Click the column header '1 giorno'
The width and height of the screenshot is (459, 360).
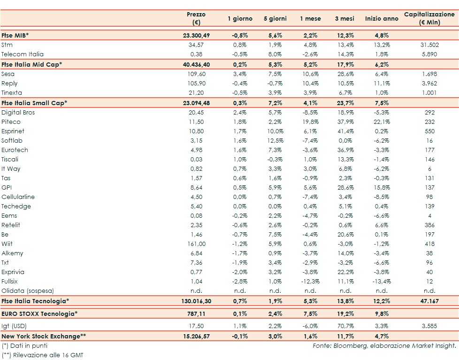[x=240, y=19]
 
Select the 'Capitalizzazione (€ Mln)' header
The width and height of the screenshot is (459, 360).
[x=429, y=18]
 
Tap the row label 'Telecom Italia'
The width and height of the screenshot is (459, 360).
[x=23, y=54]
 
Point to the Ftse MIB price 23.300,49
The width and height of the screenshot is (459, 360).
[x=196, y=35]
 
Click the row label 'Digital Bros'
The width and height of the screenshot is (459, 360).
[x=18, y=113]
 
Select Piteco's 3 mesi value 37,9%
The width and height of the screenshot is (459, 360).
[x=344, y=122]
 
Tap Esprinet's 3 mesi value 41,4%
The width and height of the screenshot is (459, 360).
[x=344, y=131]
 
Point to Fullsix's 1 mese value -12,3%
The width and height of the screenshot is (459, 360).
[x=310, y=282]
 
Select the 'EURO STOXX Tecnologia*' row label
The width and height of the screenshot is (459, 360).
[x=39, y=314]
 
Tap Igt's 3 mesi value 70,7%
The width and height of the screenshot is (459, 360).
[x=344, y=325]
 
